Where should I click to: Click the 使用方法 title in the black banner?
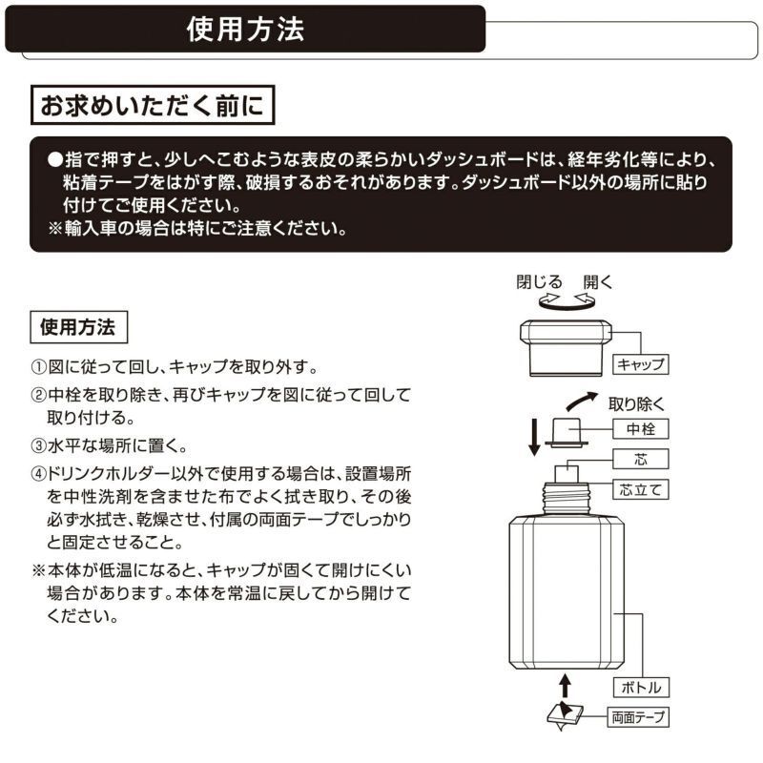(x=246, y=30)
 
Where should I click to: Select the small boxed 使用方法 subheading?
(x=79, y=328)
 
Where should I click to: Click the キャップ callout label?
(x=638, y=363)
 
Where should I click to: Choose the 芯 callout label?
(x=638, y=459)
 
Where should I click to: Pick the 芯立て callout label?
(x=638, y=490)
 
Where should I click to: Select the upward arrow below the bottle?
(x=565, y=683)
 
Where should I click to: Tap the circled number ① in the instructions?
(x=39, y=367)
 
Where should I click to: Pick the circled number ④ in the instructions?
(x=39, y=472)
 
